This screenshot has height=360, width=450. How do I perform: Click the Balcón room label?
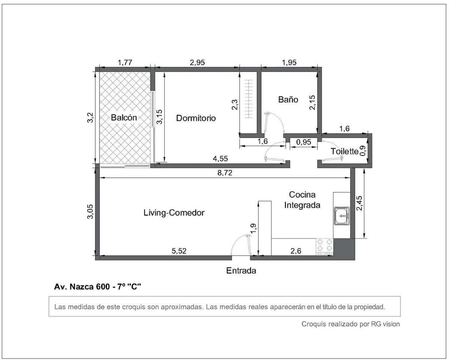[x=124, y=117]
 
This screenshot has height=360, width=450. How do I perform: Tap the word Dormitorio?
[x=196, y=118]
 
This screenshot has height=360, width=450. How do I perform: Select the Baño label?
[x=288, y=99]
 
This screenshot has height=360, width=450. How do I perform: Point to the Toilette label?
[x=344, y=151]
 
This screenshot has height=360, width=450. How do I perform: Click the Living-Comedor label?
[x=174, y=213]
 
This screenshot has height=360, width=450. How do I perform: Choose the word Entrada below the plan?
[x=241, y=271]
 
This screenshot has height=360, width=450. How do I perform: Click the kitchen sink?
[x=342, y=216]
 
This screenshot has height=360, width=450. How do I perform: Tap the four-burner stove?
[x=324, y=247]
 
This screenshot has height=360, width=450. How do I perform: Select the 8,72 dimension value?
[x=225, y=173]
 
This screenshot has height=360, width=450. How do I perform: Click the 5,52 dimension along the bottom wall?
[x=179, y=251]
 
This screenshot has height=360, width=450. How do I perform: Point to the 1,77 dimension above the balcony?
[x=125, y=63]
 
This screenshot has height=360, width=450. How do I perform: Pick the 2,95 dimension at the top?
[x=197, y=63]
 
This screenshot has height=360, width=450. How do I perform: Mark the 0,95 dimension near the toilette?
[x=304, y=142]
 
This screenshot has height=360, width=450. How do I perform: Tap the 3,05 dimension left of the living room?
[x=90, y=211]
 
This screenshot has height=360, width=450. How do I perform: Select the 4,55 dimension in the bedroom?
[x=220, y=159]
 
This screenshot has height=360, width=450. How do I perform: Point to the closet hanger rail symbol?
[x=249, y=99]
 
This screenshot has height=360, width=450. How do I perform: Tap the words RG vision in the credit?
[x=385, y=324]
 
